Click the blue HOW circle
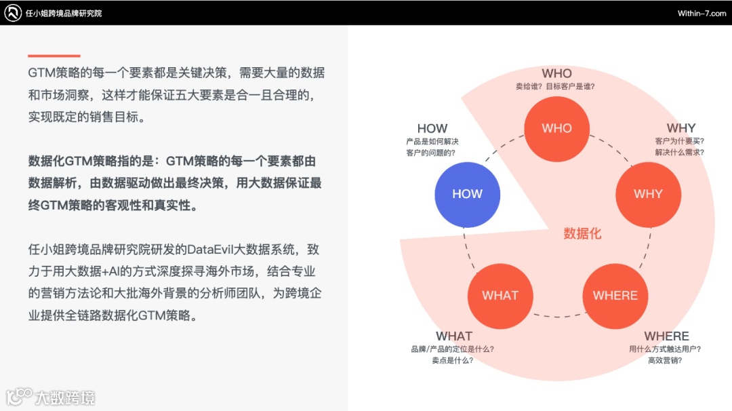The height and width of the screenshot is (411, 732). (x=467, y=194)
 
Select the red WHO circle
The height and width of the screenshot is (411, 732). (x=557, y=128)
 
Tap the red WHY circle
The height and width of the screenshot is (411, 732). (x=648, y=194)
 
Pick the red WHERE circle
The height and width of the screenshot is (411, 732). (x=615, y=296)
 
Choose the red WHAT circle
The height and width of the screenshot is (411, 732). (x=500, y=296)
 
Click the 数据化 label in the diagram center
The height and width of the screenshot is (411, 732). (x=582, y=234)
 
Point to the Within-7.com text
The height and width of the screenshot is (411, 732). (x=701, y=14)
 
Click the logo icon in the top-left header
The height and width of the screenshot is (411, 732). (x=13, y=13)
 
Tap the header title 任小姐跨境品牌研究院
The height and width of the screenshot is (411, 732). (x=63, y=14)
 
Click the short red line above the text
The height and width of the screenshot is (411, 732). (x=54, y=56)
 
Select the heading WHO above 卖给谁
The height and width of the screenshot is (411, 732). (x=556, y=73)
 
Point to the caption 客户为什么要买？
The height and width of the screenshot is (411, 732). (x=680, y=141)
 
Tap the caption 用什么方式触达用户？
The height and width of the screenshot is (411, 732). (x=665, y=349)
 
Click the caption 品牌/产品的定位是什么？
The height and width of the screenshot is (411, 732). (x=452, y=349)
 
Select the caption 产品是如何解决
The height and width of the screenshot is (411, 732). (x=428, y=141)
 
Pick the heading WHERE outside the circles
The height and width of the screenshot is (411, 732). (x=666, y=336)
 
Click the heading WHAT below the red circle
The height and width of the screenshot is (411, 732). (x=453, y=336)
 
